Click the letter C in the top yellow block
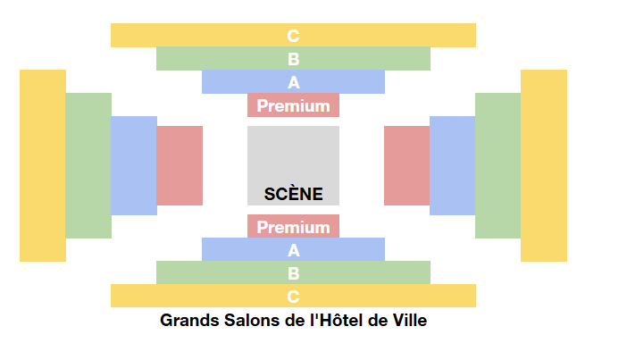tap(293, 36)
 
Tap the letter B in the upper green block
tap(294, 59)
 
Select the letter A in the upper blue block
tap(294, 83)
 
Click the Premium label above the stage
tap(294, 106)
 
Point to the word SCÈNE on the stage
tap(294, 195)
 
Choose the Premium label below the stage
tap(294, 227)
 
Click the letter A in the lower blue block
tap(294, 250)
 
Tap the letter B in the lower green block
tap(294, 273)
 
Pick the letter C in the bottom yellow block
tap(293, 297)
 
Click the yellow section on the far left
tap(43, 165)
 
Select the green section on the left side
tap(88, 165)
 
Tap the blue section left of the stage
tap(134, 165)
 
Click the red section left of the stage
tap(180, 165)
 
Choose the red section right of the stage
tap(407, 165)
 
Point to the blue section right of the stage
tap(453, 165)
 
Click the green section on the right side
tap(498, 165)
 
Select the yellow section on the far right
tap(544, 165)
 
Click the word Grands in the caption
tap(189, 321)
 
